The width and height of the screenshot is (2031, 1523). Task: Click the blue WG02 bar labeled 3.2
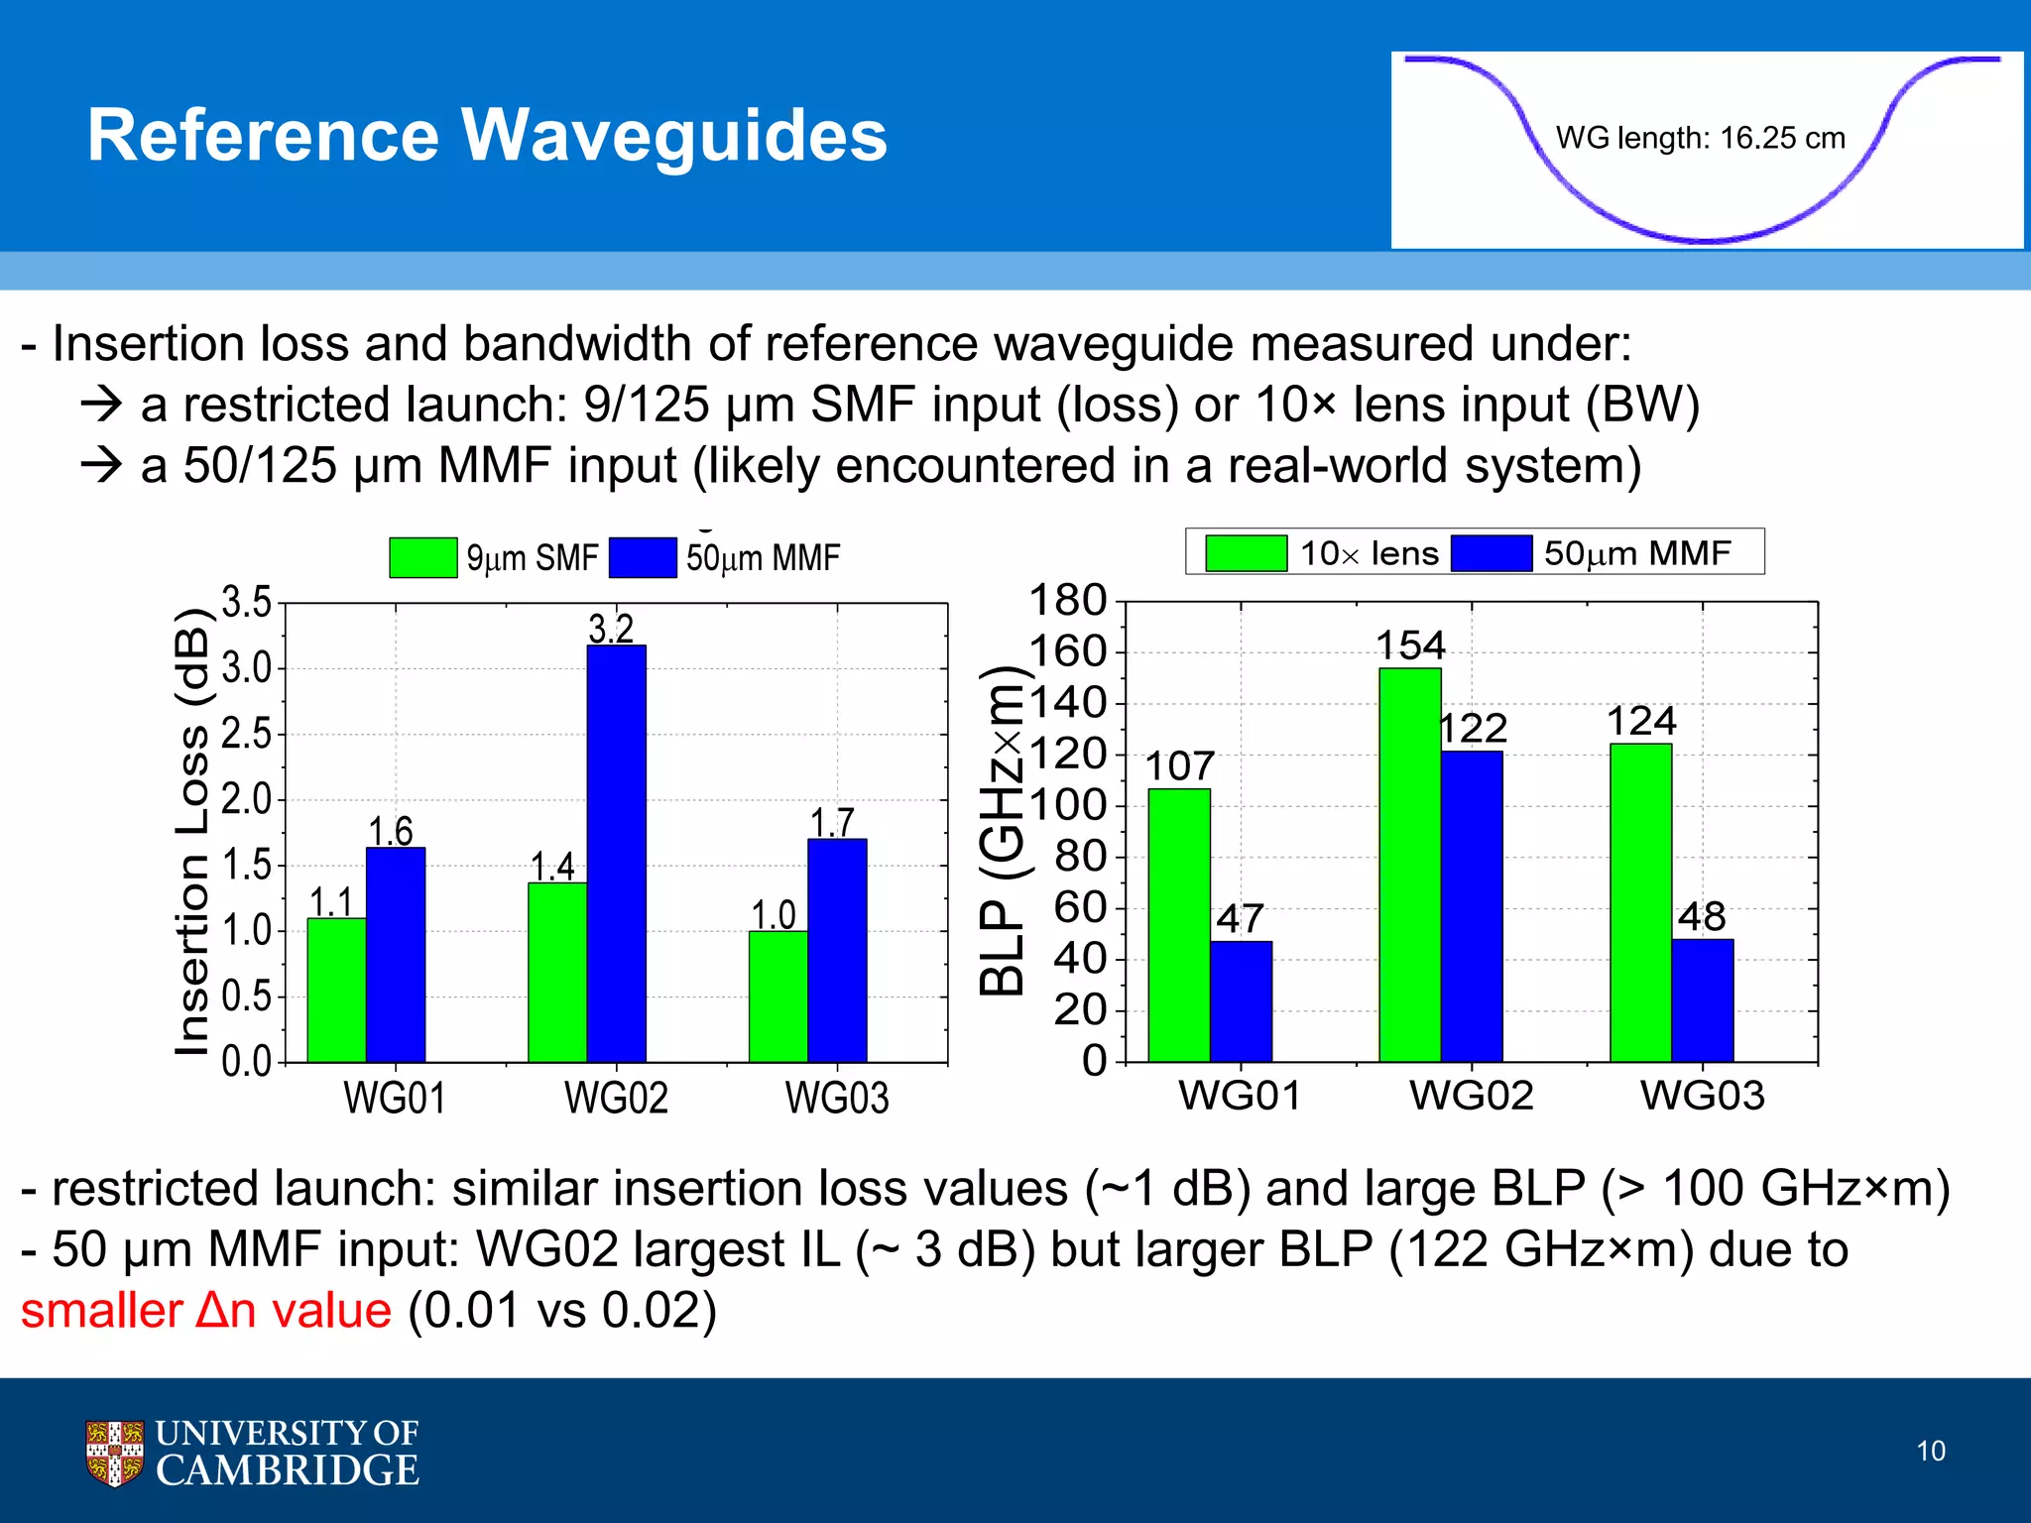click(616, 853)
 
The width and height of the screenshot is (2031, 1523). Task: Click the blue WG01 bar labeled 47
click(1241, 1000)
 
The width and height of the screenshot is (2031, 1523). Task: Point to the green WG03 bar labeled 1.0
click(777, 996)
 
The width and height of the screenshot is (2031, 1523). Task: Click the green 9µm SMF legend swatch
click(422, 557)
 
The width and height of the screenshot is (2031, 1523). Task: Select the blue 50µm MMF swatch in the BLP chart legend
click(1491, 553)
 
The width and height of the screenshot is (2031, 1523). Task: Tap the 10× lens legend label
click(1369, 553)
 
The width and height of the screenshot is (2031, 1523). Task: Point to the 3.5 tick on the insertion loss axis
click(246, 602)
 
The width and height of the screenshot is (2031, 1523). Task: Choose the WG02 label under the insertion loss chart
click(616, 1098)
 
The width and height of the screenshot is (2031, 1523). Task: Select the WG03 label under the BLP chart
click(1702, 1096)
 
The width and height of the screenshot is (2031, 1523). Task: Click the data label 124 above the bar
click(1641, 721)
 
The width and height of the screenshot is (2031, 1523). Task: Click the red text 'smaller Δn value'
click(206, 1311)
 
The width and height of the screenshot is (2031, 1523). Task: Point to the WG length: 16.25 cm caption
click(1700, 138)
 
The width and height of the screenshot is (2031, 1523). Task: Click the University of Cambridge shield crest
click(114, 1453)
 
